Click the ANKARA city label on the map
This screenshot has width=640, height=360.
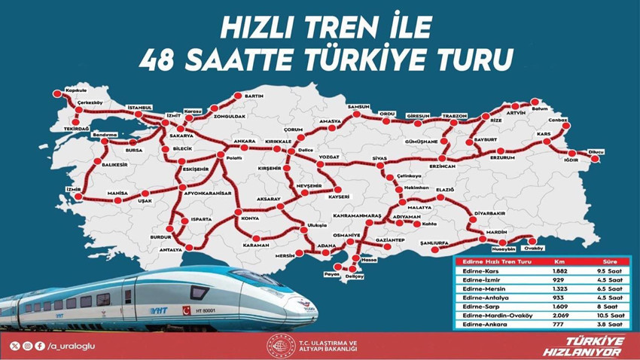(x=244, y=141)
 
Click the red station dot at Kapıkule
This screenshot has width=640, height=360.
(x=55, y=94)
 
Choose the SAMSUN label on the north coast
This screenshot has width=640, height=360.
(x=358, y=108)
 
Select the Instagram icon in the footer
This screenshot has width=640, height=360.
(x=27, y=346)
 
